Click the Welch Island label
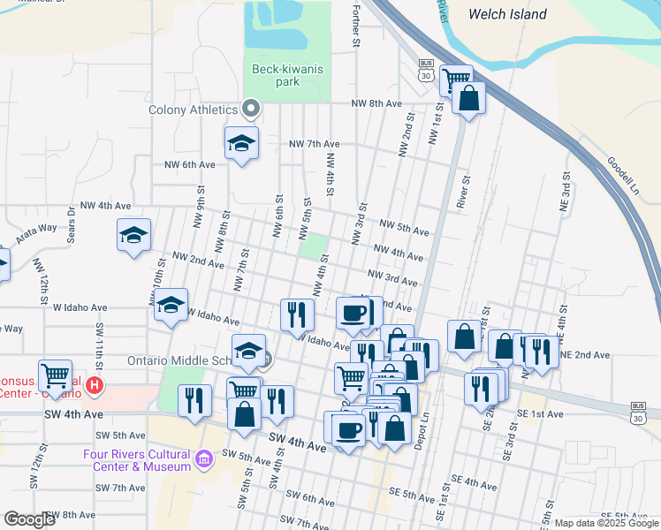[507, 14]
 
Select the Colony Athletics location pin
[251, 110]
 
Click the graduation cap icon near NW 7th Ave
[240, 143]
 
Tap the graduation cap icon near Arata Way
[134, 236]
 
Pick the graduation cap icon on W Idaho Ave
[171, 306]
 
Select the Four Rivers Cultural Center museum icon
[204, 458]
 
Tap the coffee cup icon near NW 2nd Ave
[353, 313]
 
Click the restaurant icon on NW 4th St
[298, 314]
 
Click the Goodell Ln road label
[622, 176]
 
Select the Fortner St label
[356, 25]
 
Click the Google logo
[30, 519]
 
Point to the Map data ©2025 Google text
[606, 522]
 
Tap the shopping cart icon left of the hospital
[56, 375]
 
